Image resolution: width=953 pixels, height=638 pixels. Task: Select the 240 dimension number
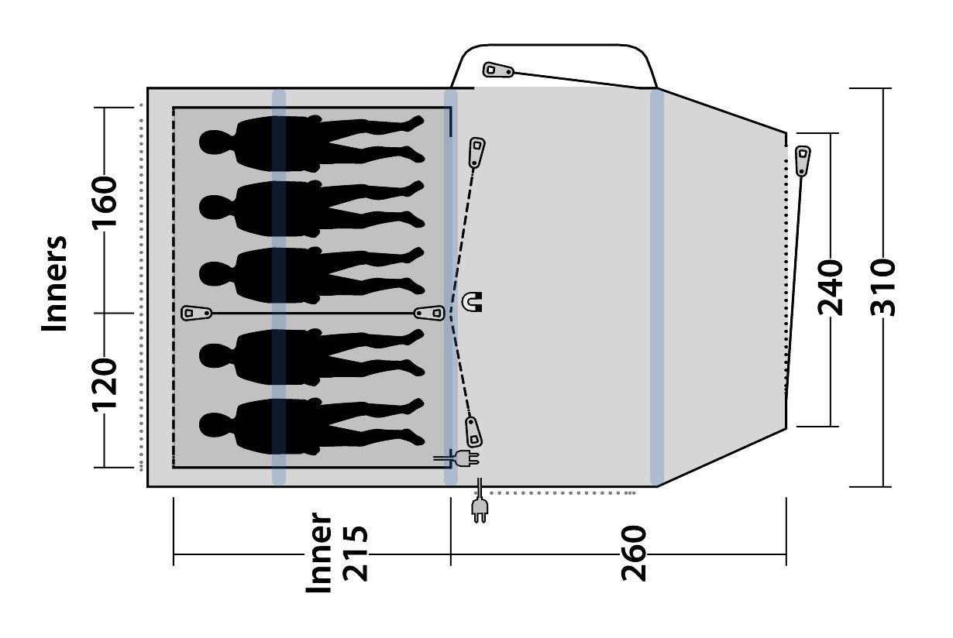click(x=830, y=288)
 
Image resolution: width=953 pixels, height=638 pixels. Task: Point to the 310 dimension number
click(x=882, y=288)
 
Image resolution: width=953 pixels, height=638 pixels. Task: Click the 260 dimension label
click(x=634, y=553)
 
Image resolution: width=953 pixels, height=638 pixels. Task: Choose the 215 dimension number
click(x=355, y=553)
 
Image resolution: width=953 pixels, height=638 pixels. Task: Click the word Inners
click(x=54, y=283)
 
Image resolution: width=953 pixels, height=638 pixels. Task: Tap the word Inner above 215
click(x=318, y=552)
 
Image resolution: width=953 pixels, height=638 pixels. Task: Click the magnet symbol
click(x=473, y=301)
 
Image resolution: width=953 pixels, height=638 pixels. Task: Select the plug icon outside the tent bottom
click(x=480, y=501)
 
